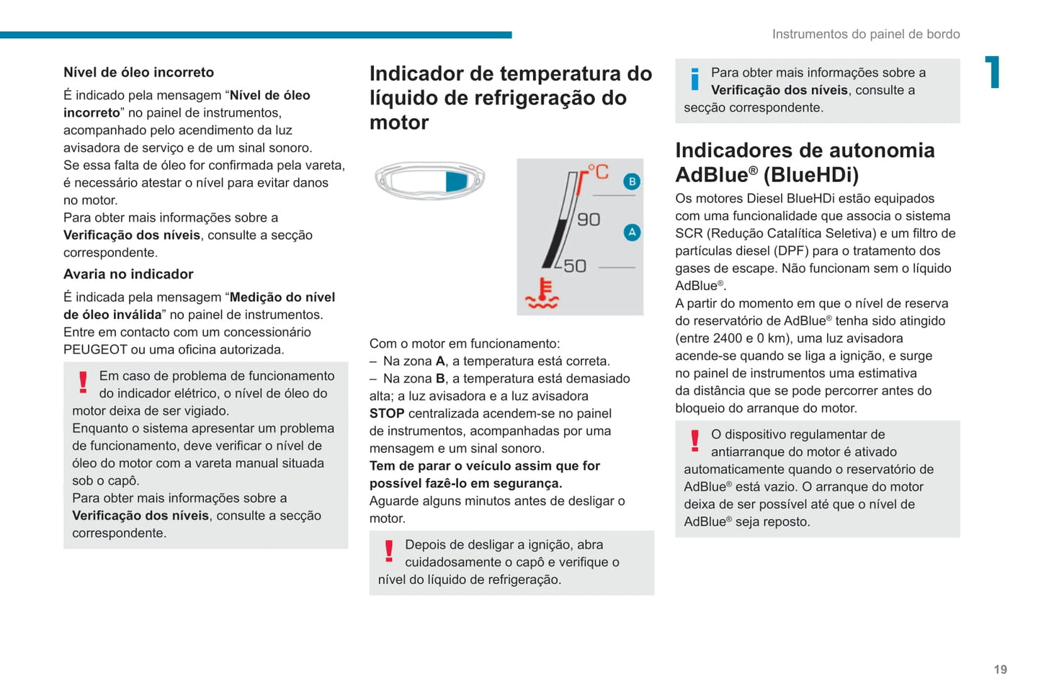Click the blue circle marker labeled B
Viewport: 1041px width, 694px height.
point(632,181)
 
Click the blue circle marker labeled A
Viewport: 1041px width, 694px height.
point(632,232)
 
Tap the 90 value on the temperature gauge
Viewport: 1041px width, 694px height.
point(589,220)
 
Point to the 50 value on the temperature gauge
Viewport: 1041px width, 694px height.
point(575,266)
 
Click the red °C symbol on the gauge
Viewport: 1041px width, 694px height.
point(598,172)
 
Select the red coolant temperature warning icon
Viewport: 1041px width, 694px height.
point(542,294)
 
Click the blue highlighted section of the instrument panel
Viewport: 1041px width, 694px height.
point(456,181)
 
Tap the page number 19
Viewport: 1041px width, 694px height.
point(1000,670)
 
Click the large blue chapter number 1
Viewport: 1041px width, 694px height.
point(993,72)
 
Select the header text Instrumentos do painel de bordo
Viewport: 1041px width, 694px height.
point(865,34)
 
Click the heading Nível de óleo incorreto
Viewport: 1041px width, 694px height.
point(138,72)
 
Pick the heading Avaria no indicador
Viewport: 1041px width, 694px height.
point(128,274)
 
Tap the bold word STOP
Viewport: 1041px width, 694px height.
point(387,414)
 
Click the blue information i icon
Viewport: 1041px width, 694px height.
point(694,79)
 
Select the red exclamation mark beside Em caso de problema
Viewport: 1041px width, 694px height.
point(83,382)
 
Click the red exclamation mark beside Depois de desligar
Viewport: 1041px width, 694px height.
point(389,551)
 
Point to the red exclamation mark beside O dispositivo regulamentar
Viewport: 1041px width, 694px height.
point(694,441)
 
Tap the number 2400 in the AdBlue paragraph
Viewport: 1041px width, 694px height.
point(728,338)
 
